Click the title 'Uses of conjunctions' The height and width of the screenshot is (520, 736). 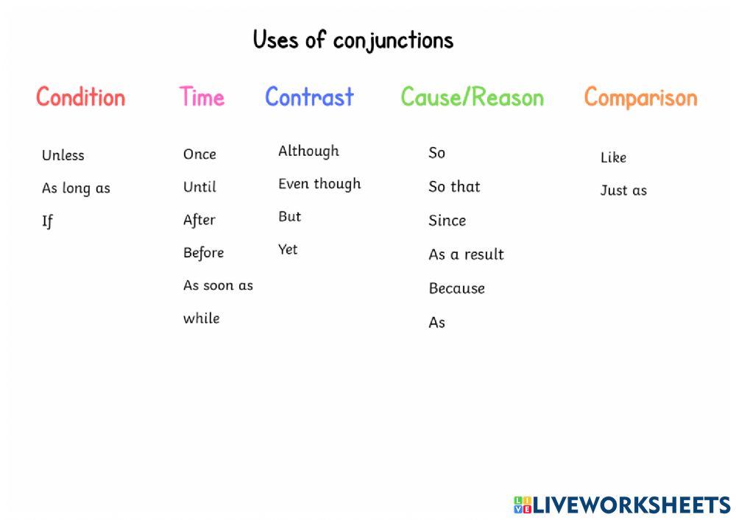[x=353, y=40]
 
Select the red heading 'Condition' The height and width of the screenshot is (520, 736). [x=81, y=97]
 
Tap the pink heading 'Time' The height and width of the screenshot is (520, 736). [x=202, y=97]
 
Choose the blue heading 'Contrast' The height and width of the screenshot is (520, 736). [x=309, y=97]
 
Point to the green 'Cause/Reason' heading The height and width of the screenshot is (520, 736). [x=472, y=97]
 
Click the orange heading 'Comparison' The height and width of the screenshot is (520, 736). [x=640, y=97]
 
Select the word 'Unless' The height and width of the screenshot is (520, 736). [x=63, y=155]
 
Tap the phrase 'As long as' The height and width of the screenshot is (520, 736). [x=76, y=188]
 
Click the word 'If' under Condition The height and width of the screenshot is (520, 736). [x=47, y=221]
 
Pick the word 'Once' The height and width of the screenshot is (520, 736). [x=199, y=154]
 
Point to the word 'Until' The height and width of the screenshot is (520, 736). [x=199, y=187]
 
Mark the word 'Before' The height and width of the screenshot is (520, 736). [x=203, y=253]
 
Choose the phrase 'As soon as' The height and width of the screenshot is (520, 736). [x=218, y=285]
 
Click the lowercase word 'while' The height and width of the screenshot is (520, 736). [x=202, y=318]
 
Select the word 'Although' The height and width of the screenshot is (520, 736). [x=308, y=152]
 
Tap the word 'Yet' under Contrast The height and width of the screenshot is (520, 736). [x=288, y=250]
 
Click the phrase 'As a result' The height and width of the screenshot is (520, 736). [x=466, y=254]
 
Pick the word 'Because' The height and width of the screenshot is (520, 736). [x=456, y=288]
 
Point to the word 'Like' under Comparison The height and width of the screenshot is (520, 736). [x=613, y=157]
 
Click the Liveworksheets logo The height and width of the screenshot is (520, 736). [x=622, y=505]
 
